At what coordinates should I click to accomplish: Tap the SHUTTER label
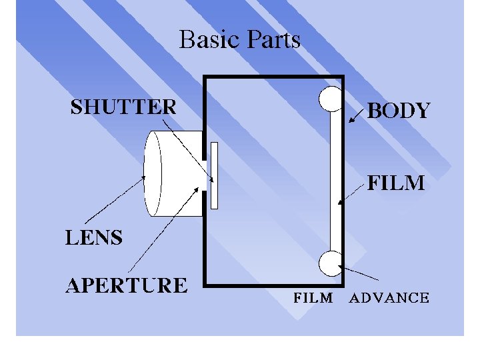coord(123,107)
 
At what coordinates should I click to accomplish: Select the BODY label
coord(399,111)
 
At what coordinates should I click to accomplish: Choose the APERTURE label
coord(126,285)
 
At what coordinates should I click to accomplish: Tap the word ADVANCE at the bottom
coord(389,298)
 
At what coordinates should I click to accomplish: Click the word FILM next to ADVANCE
coord(313,298)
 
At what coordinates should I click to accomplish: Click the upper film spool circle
coord(331,99)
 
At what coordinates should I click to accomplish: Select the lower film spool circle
coord(331,263)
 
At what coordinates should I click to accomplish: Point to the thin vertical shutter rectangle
coord(214,175)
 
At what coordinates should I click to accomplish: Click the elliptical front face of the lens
coord(153,174)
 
